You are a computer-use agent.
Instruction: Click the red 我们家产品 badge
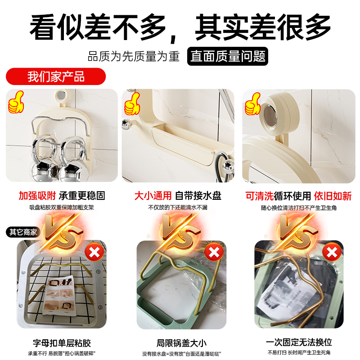(56, 76)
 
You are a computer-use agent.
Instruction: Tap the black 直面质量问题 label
(227, 56)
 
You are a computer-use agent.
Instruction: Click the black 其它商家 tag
(23, 232)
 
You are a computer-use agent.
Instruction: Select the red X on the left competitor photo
(94, 253)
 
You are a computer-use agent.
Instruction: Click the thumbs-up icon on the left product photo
(17, 102)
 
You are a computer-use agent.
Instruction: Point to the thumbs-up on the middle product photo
(132, 105)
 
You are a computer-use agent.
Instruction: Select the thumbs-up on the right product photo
(252, 104)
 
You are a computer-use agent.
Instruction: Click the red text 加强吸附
(37, 196)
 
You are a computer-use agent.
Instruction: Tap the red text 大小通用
(153, 196)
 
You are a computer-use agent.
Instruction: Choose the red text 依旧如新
(333, 196)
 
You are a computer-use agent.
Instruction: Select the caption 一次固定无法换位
(299, 343)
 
